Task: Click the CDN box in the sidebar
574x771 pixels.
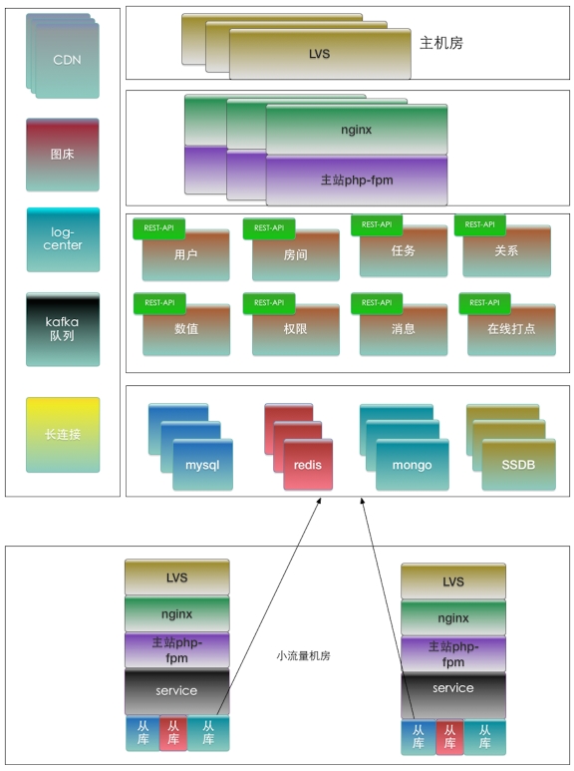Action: (68, 60)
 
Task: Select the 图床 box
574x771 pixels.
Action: (63, 155)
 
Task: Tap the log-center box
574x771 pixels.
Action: (63, 239)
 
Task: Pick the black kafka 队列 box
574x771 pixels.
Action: (63, 329)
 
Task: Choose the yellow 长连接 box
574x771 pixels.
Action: (63, 435)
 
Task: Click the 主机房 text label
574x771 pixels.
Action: (441, 43)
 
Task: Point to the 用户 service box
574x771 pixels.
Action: (185, 255)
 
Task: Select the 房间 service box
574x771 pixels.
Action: (295, 255)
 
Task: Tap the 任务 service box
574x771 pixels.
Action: (404, 251)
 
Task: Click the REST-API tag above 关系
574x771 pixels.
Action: (479, 224)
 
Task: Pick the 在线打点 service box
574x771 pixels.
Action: (511, 329)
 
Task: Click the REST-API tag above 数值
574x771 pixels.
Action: (159, 303)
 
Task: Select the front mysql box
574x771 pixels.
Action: (202, 465)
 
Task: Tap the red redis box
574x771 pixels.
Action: (308, 465)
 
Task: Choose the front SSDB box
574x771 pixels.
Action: (518, 465)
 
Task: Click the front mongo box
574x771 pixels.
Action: (413, 465)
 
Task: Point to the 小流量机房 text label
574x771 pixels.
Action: (303, 656)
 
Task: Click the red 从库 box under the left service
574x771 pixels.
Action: (173, 733)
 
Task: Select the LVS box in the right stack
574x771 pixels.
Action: (453, 581)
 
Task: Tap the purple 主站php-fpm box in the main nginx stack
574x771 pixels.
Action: (357, 180)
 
